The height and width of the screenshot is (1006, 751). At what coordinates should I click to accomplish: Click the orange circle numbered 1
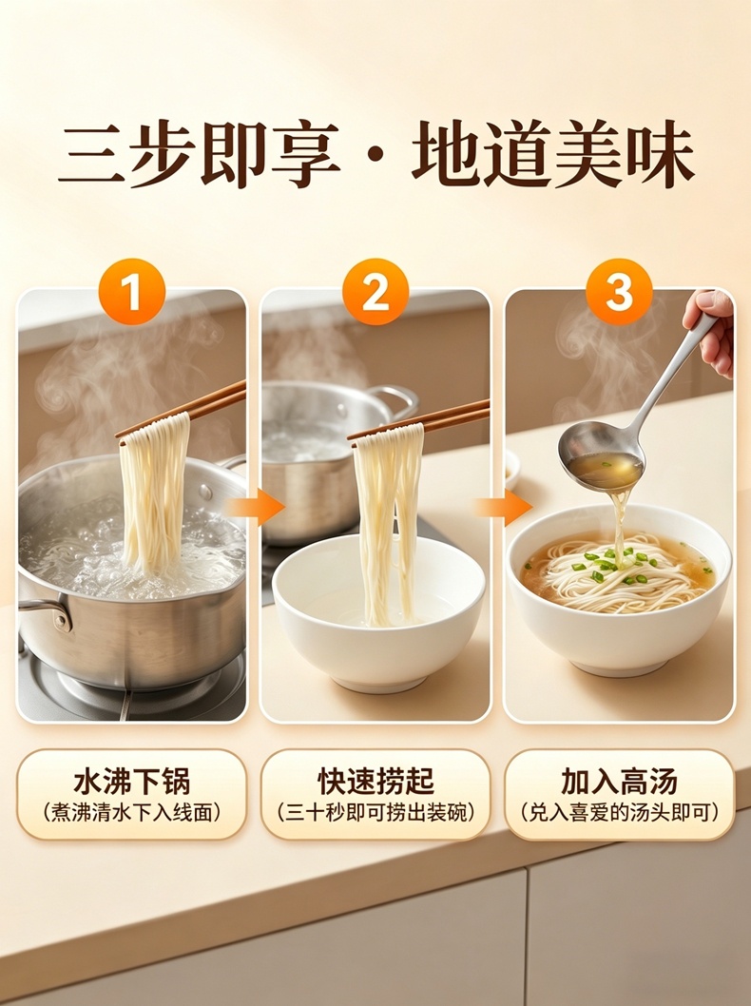[131, 292]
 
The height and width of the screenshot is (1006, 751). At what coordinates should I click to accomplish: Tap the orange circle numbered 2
[375, 292]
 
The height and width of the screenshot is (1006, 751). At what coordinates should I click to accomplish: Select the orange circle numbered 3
[619, 292]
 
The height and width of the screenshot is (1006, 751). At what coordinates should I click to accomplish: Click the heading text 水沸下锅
[131, 783]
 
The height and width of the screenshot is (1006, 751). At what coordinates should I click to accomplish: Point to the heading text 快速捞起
[375, 783]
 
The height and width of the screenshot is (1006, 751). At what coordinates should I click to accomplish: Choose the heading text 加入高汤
[619, 783]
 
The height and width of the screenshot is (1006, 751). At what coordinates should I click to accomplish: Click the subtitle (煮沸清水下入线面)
[131, 813]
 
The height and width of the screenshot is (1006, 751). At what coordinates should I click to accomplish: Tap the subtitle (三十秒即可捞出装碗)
[375, 813]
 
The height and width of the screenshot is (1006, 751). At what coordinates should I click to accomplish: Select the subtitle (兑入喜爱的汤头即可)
[619, 813]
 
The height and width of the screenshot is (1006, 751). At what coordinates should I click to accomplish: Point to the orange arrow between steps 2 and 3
[504, 508]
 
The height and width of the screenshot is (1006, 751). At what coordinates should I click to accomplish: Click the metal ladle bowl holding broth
[600, 455]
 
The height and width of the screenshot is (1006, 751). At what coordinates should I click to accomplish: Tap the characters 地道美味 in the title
[553, 156]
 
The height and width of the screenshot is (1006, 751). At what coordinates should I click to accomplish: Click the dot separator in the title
[375, 157]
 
